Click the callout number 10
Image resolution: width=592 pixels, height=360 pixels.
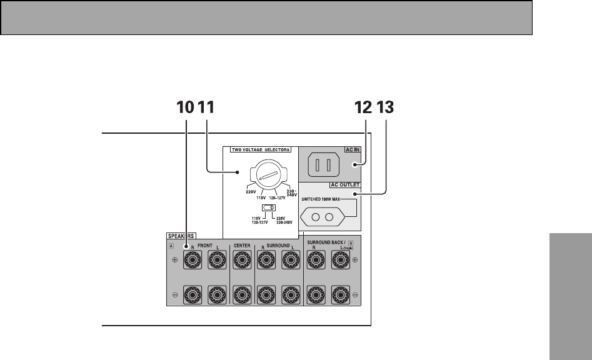[x=186, y=107]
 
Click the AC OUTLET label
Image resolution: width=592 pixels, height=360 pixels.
[x=344, y=186]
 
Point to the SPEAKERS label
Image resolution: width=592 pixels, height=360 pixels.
[x=181, y=236]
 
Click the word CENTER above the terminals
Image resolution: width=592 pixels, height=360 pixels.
[x=242, y=246]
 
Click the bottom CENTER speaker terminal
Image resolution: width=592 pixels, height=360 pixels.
[x=243, y=294]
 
